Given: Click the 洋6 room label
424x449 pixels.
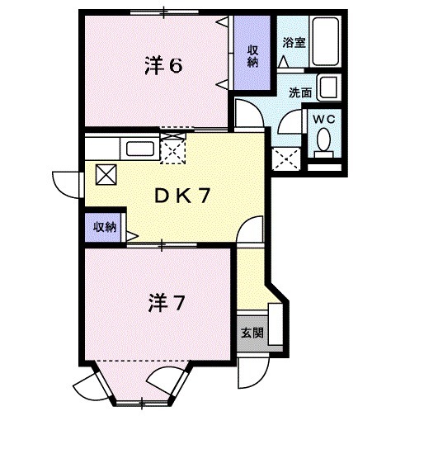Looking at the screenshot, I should pos(163,66).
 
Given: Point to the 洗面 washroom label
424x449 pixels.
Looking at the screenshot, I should pos(301,92).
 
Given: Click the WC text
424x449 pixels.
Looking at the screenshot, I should pos(325,119).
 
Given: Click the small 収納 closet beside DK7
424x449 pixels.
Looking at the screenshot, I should pos(103,227).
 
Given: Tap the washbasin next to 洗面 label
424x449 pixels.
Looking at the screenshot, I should pos(327,87).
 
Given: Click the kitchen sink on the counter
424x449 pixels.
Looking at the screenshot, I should pos(139,149).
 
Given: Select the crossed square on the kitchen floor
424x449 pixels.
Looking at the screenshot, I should pos(107,174).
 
